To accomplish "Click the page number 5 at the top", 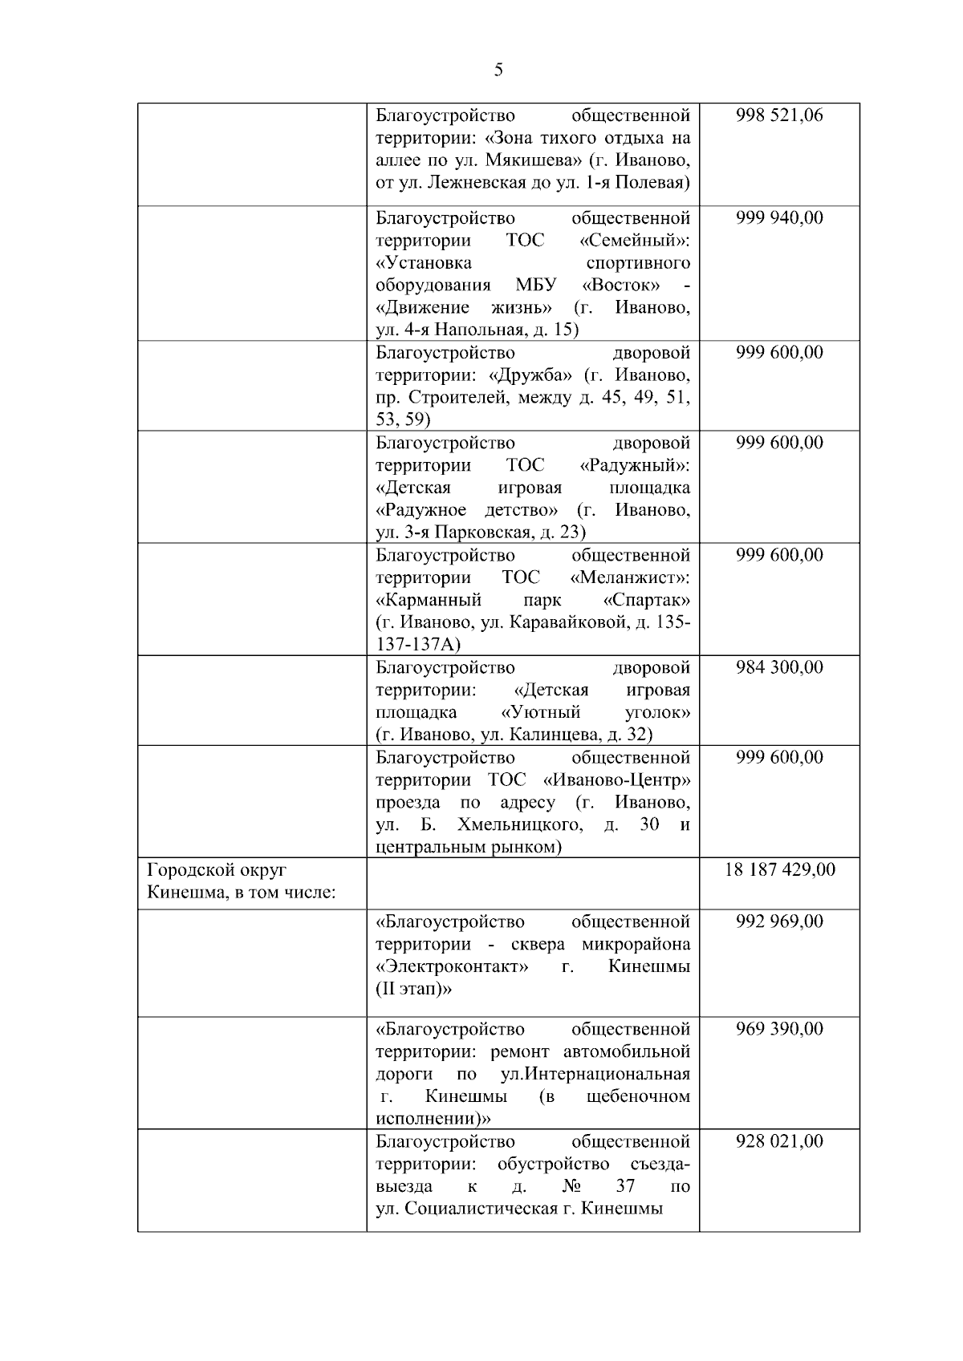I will pyautogui.click(x=498, y=71).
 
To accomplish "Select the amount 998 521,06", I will pyautogui.click(x=779, y=115).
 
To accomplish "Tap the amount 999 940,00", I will pyautogui.click(x=779, y=218).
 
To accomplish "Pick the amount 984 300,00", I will pyautogui.click(x=779, y=667).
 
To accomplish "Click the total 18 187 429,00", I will pyautogui.click(x=779, y=869).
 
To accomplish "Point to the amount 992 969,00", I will pyautogui.click(x=779, y=922).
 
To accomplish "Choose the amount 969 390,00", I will pyautogui.click(x=779, y=1029).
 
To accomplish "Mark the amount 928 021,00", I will pyautogui.click(x=779, y=1141).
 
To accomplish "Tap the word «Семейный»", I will pyautogui.click(x=634, y=241).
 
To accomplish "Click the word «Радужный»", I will pyautogui.click(x=634, y=465).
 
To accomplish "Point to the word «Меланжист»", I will pyautogui.click(x=630, y=577).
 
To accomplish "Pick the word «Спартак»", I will pyautogui.click(x=646, y=600).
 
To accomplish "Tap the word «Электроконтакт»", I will pyautogui.click(x=452, y=966).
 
